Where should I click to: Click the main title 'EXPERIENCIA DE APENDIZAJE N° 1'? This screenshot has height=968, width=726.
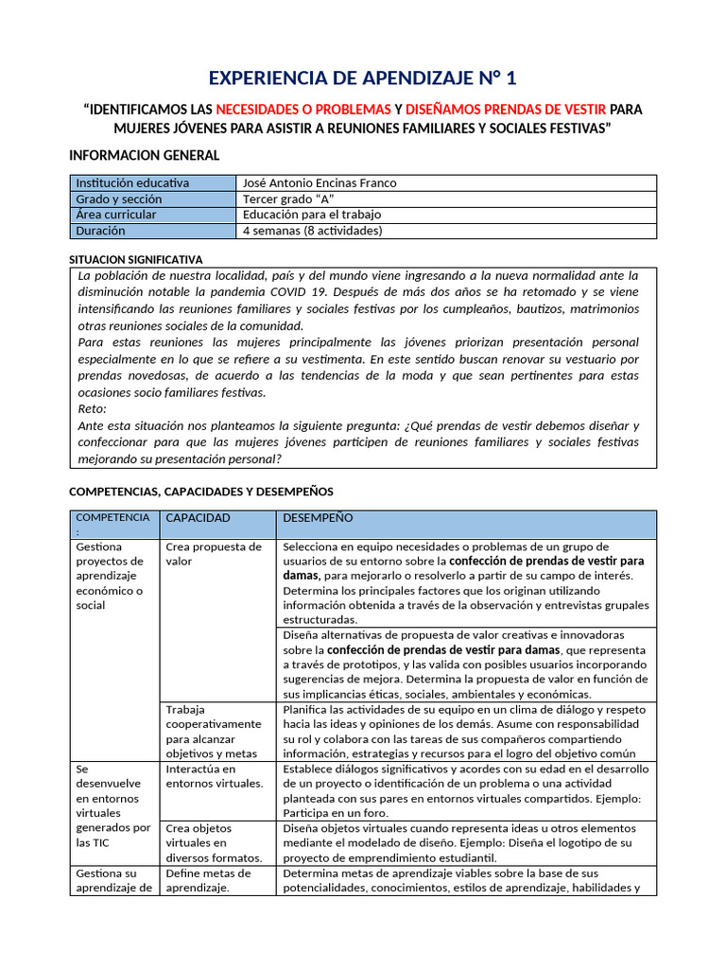coord(362,78)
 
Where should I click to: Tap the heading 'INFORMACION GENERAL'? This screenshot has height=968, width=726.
coord(145,155)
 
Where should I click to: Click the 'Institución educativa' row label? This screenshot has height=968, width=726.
coord(132,182)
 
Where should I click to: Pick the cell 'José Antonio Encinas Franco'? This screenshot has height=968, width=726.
coord(320,182)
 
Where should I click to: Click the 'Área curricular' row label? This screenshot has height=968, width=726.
coord(116,215)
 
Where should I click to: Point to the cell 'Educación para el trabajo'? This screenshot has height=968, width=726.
coord(313,215)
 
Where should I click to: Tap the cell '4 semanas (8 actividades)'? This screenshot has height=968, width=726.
coord(312,231)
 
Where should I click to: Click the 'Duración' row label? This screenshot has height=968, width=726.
coord(100,231)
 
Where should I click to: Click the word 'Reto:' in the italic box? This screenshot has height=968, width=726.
coord(93,409)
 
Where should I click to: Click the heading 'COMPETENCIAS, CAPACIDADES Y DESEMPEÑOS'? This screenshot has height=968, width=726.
coord(201,492)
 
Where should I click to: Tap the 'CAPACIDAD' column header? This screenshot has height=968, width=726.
coord(198,518)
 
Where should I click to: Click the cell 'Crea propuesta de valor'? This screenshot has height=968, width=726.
coord(214,554)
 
